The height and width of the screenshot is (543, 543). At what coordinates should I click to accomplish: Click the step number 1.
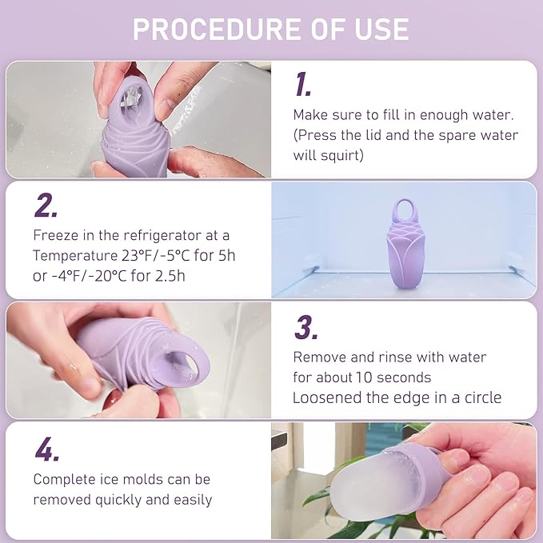point(302,85)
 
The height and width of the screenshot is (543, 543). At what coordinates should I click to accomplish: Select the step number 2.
point(46,206)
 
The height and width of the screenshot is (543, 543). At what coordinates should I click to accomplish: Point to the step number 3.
point(306,327)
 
